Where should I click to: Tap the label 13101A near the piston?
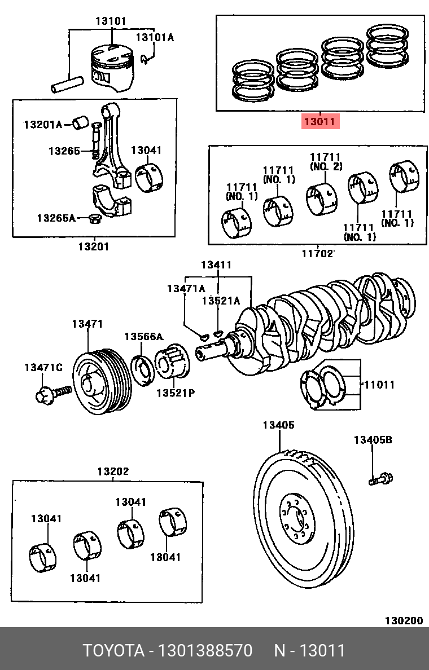click(155, 38)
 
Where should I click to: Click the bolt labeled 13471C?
click(52, 394)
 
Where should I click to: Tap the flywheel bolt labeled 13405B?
click(380, 479)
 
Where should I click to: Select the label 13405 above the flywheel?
click(278, 425)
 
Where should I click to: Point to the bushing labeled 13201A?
click(80, 122)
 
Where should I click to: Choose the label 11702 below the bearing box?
click(317, 253)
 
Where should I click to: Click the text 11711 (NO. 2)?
click(326, 162)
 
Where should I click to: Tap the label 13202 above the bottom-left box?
click(113, 471)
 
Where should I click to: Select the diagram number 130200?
click(404, 621)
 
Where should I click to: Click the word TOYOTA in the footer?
click(113, 650)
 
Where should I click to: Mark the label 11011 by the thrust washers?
click(379, 385)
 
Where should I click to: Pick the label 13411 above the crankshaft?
click(216, 265)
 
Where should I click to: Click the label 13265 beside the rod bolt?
click(64, 151)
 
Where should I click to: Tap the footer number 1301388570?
click(205, 650)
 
